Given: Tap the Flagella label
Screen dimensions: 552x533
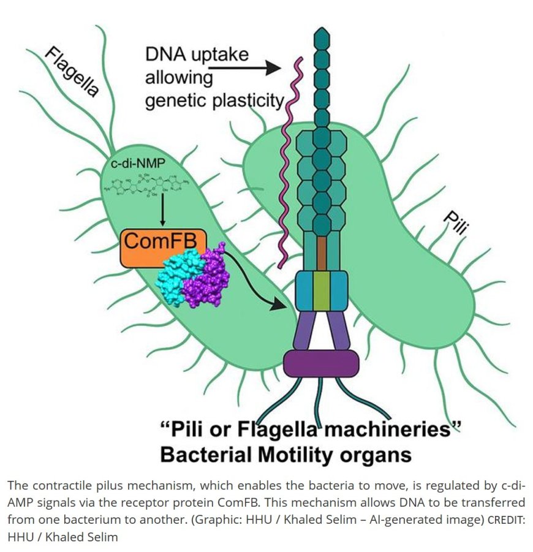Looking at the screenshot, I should click(x=72, y=74).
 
